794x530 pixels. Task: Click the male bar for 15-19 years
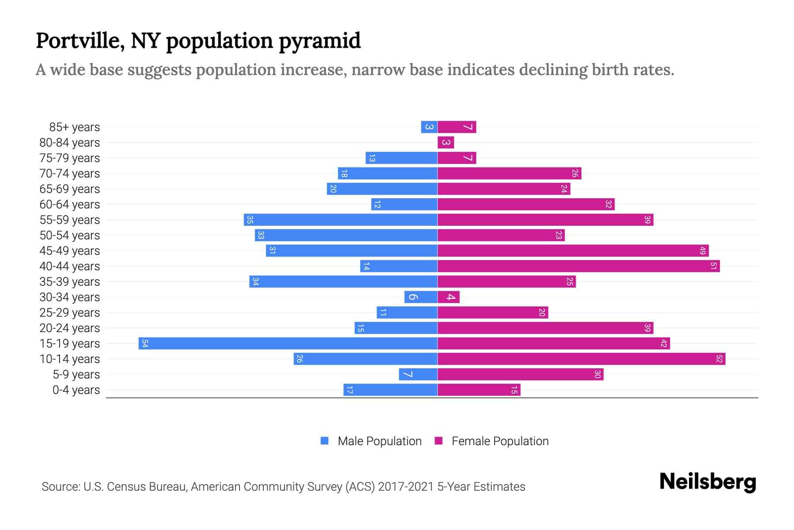[x=288, y=343]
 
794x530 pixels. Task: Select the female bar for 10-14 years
[x=581, y=359]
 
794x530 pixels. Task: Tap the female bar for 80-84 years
[x=446, y=142]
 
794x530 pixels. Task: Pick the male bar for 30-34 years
[x=421, y=297]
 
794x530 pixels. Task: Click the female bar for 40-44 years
[x=578, y=266]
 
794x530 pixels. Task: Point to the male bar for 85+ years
[x=429, y=127]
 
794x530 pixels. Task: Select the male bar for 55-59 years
[x=341, y=220]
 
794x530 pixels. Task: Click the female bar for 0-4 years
[x=479, y=390]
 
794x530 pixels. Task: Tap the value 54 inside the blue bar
[x=145, y=344]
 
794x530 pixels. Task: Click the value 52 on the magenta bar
[x=719, y=359]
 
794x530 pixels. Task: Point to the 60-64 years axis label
[x=70, y=204]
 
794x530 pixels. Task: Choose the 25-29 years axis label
[x=70, y=313]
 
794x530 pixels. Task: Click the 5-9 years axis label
[x=76, y=375]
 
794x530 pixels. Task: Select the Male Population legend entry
[x=379, y=441]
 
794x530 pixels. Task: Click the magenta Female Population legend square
[x=438, y=441]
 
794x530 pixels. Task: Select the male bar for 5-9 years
[x=418, y=374]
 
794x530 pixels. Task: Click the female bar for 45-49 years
[x=573, y=250]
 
